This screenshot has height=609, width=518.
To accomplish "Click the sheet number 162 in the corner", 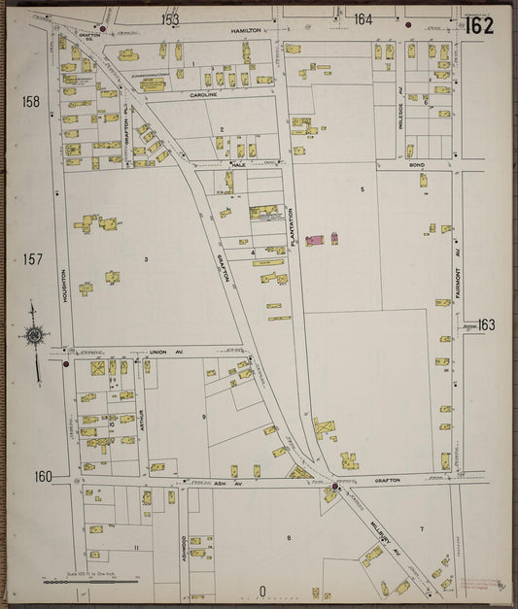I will pos(478,26).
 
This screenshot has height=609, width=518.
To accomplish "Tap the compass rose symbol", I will pos(34,337).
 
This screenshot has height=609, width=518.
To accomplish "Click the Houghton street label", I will pos(64,286).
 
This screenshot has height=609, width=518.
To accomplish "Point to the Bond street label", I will pos(417,165).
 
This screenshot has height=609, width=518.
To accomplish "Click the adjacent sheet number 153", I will pos(170,18).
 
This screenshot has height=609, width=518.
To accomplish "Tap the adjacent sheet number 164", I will pos(363,18).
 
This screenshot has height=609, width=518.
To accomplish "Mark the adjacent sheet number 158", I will pos(32,101).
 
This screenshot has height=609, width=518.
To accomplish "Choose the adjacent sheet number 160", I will pos(42,476).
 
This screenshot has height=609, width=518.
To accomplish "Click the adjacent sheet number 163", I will pos(485,325).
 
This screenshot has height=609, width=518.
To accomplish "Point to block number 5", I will pos(362,188).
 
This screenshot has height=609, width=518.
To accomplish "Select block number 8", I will pos(289,537).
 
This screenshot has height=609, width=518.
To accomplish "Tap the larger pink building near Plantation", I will pos(316,240).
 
